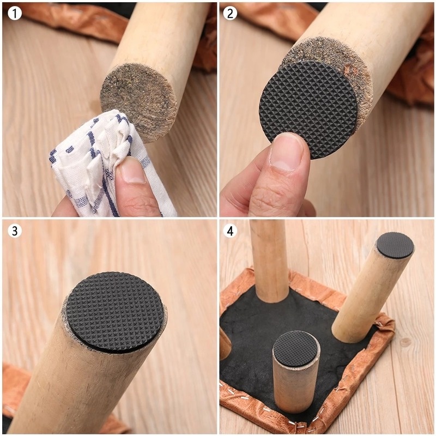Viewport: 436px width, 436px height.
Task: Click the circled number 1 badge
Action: pyautogui.click(x=15, y=13)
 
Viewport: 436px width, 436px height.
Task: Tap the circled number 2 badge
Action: pyautogui.click(x=231, y=13)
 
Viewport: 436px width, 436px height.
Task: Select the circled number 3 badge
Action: pyautogui.click(x=15, y=231)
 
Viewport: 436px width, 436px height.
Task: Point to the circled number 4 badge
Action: pyautogui.click(x=231, y=231)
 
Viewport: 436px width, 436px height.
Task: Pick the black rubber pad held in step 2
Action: pyautogui.click(x=308, y=106)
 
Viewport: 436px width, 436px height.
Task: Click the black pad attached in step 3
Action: pyautogui.click(x=114, y=311)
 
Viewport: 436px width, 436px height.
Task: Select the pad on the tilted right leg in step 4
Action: pyautogui.click(x=395, y=245)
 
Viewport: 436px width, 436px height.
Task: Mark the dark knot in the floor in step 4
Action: pyautogui.click(x=405, y=342)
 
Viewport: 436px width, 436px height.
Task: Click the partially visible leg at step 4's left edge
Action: pyautogui.click(x=225, y=343)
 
